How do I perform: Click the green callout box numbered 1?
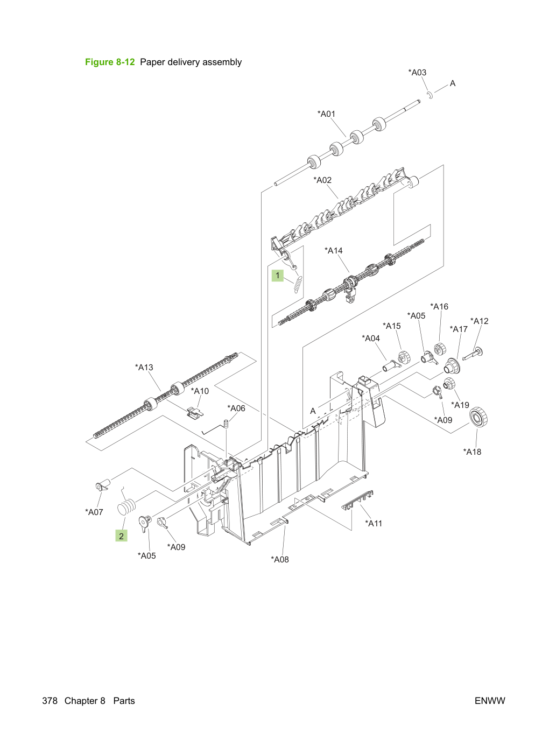click(x=278, y=276)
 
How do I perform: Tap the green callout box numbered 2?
click(x=122, y=536)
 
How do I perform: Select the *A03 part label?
click(x=417, y=73)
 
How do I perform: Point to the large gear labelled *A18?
click(x=479, y=417)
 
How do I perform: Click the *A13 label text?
click(x=144, y=367)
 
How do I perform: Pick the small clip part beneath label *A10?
click(x=195, y=412)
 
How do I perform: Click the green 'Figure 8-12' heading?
click(x=110, y=62)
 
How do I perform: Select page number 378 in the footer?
click(x=50, y=701)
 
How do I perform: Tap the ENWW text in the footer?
click(x=490, y=701)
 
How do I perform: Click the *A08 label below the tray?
click(x=280, y=559)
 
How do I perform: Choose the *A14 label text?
click(x=334, y=250)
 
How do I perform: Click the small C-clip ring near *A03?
click(x=430, y=95)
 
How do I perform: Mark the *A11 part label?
click(x=374, y=523)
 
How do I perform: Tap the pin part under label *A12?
click(x=473, y=354)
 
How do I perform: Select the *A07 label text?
click(x=94, y=512)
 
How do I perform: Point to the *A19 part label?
click(x=460, y=405)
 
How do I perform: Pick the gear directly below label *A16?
click(x=440, y=349)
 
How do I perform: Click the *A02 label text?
click(x=322, y=180)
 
